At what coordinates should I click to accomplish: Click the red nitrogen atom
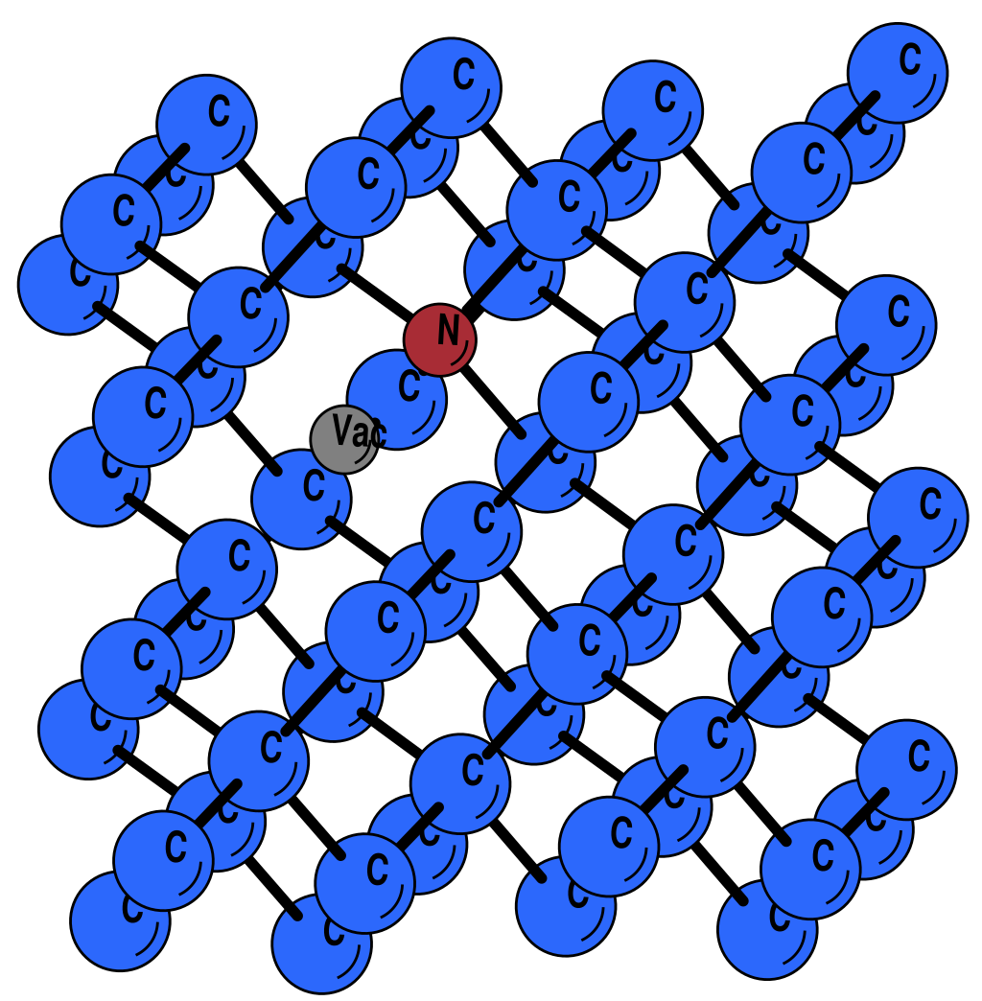[439, 338]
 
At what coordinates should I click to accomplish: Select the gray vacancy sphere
[343, 439]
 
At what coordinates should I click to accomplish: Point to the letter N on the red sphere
[448, 331]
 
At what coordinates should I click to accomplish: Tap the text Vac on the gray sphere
[357, 432]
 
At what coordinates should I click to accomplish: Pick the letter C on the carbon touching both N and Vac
[409, 388]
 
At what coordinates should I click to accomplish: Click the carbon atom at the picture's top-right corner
[899, 73]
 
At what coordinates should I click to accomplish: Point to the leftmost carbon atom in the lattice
[67, 286]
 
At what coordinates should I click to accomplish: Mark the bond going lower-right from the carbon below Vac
[362, 543]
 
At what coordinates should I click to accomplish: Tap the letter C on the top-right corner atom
[910, 60]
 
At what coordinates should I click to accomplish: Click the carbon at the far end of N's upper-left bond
[314, 248]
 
